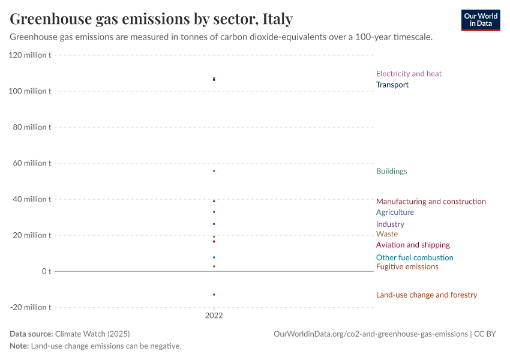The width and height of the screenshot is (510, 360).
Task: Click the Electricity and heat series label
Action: [x=409, y=74]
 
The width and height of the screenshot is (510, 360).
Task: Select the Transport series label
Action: [x=392, y=85]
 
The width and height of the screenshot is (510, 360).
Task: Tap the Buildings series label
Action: [x=391, y=171]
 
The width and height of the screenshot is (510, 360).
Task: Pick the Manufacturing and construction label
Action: [x=431, y=202]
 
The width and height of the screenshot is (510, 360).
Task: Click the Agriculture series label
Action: [x=395, y=212]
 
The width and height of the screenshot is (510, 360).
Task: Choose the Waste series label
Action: [x=386, y=234]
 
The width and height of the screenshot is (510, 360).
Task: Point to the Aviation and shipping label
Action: [x=413, y=245]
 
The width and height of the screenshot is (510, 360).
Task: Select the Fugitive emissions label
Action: [x=407, y=266]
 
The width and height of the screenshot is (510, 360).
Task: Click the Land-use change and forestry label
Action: [x=427, y=295]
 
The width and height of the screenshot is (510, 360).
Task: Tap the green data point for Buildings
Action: [x=214, y=171]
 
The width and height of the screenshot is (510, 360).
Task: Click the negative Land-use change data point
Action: [x=214, y=295]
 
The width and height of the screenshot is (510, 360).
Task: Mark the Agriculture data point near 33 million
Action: [x=214, y=212]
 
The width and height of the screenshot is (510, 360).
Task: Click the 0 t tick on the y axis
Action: [x=46, y=271]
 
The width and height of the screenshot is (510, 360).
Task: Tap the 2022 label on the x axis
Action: [x=214, y=316]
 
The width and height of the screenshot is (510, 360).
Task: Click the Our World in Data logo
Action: [x=480, y=20]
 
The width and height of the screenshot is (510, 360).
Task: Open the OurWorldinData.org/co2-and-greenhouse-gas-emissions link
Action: [x=370, y=334]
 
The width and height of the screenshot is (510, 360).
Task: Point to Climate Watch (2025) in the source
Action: [x=92, y=334]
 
